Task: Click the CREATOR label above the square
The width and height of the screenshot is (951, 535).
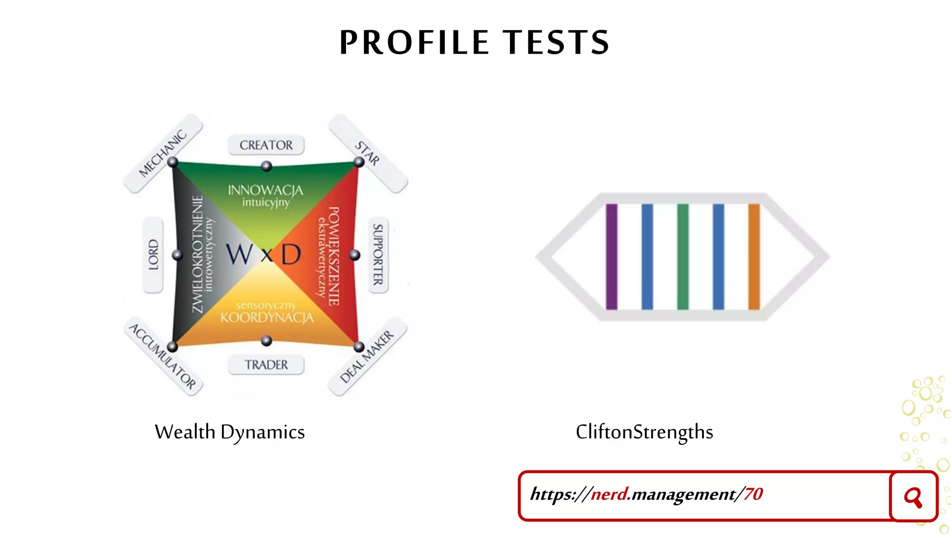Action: coord(266,145)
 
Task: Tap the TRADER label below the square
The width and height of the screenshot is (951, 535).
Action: coord(266,365)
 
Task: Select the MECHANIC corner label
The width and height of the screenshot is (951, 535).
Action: coord(163,153)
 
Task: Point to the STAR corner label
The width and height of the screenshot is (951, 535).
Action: coord(367,153)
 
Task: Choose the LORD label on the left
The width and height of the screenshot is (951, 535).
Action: coord(153,254)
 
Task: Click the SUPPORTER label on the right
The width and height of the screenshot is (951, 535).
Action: coord(378,254)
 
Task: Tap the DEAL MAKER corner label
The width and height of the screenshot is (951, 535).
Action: coord(367,357)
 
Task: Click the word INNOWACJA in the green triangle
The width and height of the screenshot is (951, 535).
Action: coord(265,190)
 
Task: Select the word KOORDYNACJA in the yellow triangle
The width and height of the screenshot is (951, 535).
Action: coord(267,318)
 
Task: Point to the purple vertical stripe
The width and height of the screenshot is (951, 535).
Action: coord(612,256)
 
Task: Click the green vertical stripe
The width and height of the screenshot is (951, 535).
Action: coord(683,256)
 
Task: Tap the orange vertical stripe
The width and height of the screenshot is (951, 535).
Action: coord(754,256)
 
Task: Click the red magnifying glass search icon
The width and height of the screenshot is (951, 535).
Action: coord(913,497)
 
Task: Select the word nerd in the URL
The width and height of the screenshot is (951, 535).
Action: coord(609,494)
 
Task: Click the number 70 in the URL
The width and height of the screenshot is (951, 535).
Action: coord(753,494)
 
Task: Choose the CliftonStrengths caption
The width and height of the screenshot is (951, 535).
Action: coord(644,432)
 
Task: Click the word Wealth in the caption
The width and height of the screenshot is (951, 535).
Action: coord(185,432)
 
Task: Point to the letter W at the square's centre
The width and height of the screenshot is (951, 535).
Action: coord(240,254)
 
